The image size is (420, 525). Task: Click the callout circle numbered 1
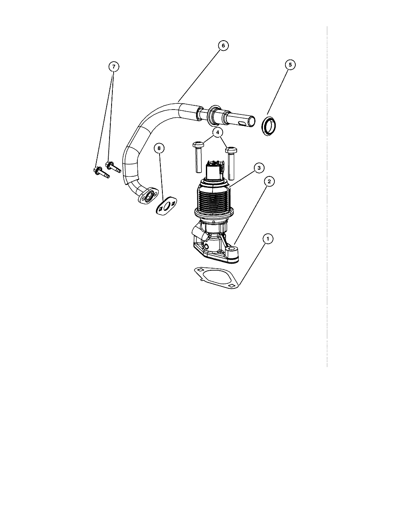click(x=268, y=239)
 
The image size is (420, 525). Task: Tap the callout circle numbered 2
click(x=269, y=181)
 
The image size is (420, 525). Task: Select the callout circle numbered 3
click(x=259, y=168)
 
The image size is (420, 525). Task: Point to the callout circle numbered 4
click(x=217, y=132)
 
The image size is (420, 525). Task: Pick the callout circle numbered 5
click(x=290, y=65)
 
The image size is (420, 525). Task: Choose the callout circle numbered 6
click(x=223, y=46)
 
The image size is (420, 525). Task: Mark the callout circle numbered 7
click(x=114, y=66)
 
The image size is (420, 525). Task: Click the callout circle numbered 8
click(x=159, y=148)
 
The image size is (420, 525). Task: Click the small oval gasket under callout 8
click(x=166, y=206)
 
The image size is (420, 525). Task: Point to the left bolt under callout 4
click(x=198, y=157)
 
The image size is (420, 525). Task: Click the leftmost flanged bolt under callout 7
click(x=101, y=173)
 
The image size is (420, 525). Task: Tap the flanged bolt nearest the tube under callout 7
click(x=113, y=167)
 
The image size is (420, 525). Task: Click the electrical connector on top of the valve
click(x=214, y=169)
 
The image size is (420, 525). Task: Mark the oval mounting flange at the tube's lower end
click(x=146, y=196)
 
